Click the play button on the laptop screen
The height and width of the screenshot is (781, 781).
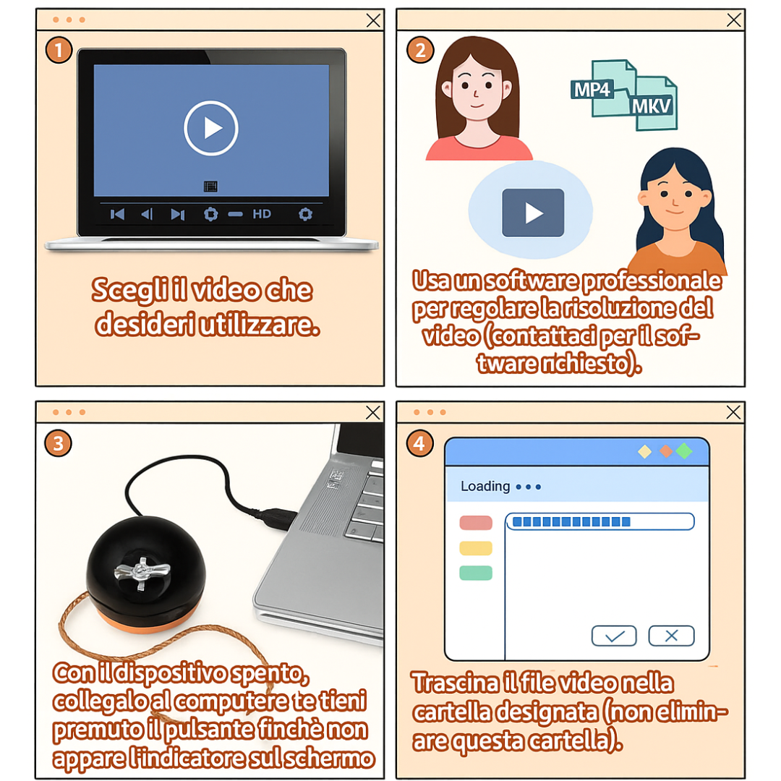[211, 128]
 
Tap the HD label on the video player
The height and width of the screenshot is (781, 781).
[262, 214]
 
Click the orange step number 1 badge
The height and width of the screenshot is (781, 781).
[59, 51]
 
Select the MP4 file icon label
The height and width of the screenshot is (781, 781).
[592, 90]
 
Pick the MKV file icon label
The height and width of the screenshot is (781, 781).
[652, 106]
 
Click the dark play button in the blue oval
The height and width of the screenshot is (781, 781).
[533, 213]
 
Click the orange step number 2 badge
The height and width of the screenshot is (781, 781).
[420, 51]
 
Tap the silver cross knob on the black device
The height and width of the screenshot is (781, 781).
[142, 573]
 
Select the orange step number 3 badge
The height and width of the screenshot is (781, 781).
[59, 443]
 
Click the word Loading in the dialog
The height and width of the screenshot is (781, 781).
[485, 486]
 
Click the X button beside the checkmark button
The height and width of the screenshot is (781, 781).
[671, 636]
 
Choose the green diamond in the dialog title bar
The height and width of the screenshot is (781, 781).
[684, 451]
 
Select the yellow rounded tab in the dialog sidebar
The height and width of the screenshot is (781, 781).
[476, 548]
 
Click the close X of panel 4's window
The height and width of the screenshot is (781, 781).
[733, 412]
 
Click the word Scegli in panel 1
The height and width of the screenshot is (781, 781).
[129, 291]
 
